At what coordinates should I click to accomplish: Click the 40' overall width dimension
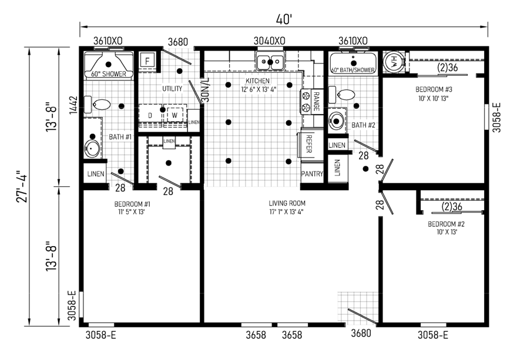(x=284, y=19)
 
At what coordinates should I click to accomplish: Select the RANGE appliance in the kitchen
(x=311, y=102)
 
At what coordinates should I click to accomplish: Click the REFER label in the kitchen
(x=309, y=144)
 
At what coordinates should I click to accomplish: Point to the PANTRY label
(x=312, y=173)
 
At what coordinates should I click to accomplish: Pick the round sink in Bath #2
(x=336, y=120)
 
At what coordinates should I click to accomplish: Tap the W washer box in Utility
(x=174, y=115)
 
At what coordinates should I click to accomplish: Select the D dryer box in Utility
(x=150, y=115)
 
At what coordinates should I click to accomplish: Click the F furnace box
(x=147, y=61)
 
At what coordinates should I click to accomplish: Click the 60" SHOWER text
(x=109, y=74)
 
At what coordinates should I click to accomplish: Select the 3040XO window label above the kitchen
(x=270, y=41)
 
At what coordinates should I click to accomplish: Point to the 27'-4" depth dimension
(x=23, y=186)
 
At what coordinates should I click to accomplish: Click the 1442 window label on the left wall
(x=73, y=105)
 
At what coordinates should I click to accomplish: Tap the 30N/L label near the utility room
(x=205, y=89)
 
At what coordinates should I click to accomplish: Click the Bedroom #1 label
(x=132, y=208)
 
